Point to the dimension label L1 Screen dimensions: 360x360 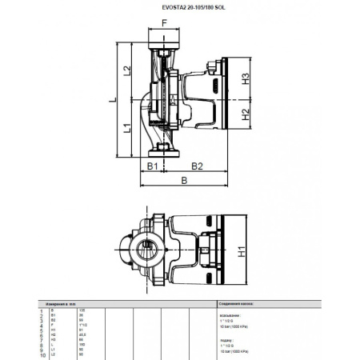tap(126, 128)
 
